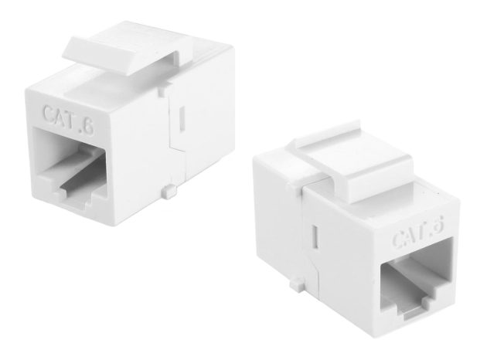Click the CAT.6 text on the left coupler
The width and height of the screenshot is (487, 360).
pos(68,120)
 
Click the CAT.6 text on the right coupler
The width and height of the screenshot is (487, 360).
pos(417,233)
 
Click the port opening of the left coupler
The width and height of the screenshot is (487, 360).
pos(71,168)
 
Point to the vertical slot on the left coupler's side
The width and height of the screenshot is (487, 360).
pos(182,117)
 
